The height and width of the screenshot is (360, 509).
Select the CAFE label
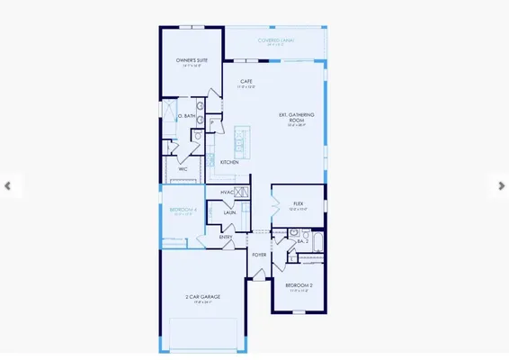coord(246,82)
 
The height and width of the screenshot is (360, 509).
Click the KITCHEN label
coord(229,162)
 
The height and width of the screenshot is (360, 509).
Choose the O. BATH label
coord(186,116)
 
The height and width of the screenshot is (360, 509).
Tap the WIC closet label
coord(183,168)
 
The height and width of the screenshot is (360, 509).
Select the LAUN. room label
coord(229,212)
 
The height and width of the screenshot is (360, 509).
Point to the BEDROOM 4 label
coord(183,210)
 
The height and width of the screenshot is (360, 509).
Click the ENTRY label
coord(226,237)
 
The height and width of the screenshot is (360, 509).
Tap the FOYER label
coord(259,255)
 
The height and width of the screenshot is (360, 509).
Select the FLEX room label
coord(298,204)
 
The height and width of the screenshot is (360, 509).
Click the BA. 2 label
coord(305,241)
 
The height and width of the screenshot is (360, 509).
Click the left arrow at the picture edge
coord(7,186)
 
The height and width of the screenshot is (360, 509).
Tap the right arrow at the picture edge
coord(502,186)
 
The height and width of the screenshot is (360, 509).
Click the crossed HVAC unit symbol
coord(242,192)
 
